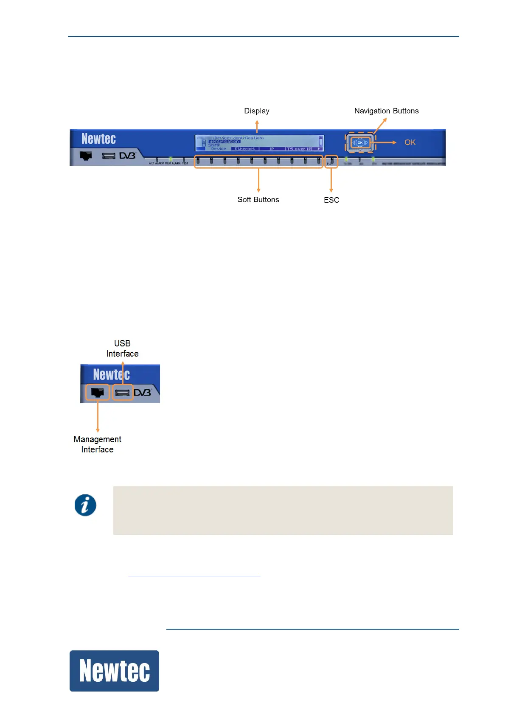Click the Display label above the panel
tap(256, 111)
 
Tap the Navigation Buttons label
tap(386, 111)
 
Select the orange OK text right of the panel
tap(410, 142)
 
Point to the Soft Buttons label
tap(258, 200)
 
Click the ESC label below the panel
tap(331, 200)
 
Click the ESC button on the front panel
tap(331, 161)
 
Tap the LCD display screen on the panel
tap(259, 143)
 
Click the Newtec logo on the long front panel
tap(98, 139)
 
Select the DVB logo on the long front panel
tap(127, 156)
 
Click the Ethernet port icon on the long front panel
tap(86, 156)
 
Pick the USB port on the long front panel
tap(109, 156)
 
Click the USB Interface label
tap(122, 349)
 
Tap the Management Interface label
tap(97, 444)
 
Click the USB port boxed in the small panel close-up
tap(123, 393)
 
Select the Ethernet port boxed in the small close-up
tap(98, 393)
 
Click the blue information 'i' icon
tap(85, 505)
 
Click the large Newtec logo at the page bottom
tap(114, 671)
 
